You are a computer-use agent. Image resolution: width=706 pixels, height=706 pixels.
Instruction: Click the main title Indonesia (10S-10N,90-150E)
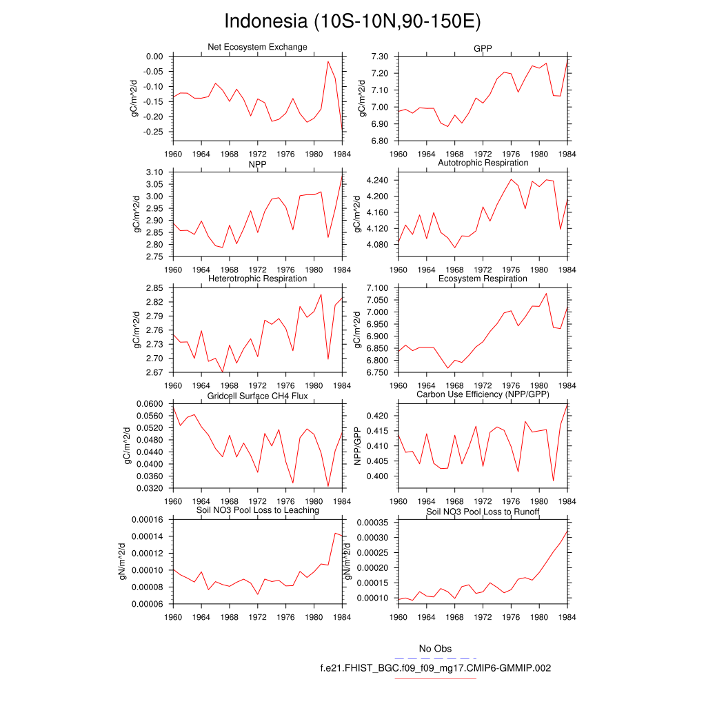point(352,21)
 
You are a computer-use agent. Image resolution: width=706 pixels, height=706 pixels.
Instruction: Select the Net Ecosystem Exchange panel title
point(257,47)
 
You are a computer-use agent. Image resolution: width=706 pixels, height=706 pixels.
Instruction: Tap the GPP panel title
point(483,47)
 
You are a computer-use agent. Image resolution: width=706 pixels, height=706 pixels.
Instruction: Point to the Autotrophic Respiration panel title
point(483,163)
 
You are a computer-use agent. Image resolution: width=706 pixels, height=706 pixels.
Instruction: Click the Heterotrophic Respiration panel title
point(257,279)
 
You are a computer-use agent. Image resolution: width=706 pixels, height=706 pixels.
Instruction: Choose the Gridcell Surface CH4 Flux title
point(257,395)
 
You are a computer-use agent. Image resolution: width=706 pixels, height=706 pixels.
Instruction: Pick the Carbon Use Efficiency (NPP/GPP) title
point(483,394)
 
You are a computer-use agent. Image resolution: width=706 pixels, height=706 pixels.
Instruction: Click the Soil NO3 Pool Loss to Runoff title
point(483,512)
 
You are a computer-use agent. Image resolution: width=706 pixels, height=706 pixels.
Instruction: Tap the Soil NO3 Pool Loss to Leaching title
point(257,510)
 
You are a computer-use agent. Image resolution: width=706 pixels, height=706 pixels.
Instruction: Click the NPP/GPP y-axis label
point(358,446)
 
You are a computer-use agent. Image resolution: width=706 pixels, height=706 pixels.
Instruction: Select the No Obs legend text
point(435,649)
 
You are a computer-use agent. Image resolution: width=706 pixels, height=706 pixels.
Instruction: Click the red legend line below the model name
point(435,678)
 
